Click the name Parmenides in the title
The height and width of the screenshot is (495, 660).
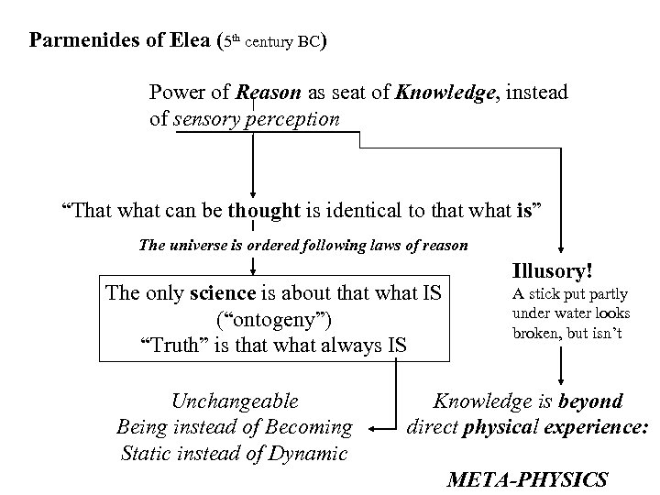[x=82, y=41]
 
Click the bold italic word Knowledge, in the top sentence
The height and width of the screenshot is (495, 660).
[x=448, y=93]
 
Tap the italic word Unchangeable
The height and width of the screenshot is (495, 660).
[x=235, y=401]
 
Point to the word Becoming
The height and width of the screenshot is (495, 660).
[x=309, y=427]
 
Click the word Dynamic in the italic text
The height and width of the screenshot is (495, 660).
[x=308, y=454]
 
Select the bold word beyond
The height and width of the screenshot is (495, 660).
[x=592, y=401]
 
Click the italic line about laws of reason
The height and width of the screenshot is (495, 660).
[x=303, y=245]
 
